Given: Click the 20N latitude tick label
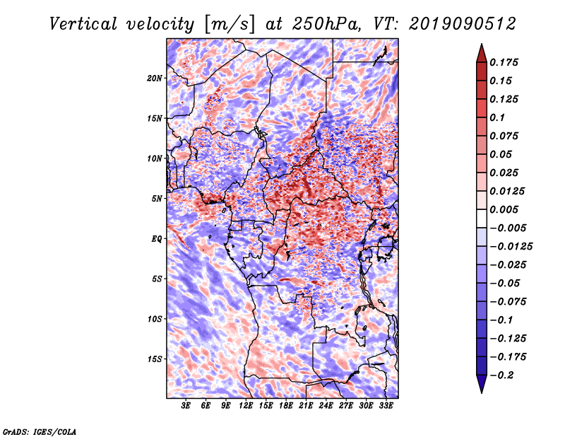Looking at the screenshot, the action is pyautogui.click(x=155, y=78).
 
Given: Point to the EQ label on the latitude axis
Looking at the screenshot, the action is pyautogui.click(x=156, y=239).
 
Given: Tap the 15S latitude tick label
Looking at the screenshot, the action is pyautogui.click(x=155, y=359).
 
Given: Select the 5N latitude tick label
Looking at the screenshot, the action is pyautogui.click(x=157, y=199).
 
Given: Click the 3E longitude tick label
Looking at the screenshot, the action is pyautogui.click(x=186, y=406).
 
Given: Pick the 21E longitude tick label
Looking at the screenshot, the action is pyautogui.click(x=306, y=406).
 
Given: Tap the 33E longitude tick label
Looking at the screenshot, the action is pyautogui.click(x=386, y=406).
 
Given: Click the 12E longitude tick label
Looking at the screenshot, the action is pyautogui.click(x=246, y=406).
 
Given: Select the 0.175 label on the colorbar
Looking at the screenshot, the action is pyautogui.click(x=504, y=62).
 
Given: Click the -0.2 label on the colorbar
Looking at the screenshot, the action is pyautogui.click(x=501, y=375).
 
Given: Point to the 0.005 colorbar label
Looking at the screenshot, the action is pyautogui.click(x=504, y=209).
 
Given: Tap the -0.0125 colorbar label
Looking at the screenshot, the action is pyautogui.click(x=511, y=247).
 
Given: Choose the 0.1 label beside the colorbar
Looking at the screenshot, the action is pyautogui.click(x=497, y=117).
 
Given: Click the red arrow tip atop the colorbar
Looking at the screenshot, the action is pyautogui.click(x=482, y=44).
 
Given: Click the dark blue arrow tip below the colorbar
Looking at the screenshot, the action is pyautogui.click(x=482, y=392).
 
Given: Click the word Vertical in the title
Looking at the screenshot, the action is pyautogui.click(x=83, y=24).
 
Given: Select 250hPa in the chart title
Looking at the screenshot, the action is pyautogui.click(x=326, y=24).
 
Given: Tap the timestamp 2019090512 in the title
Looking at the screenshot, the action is pyautogui.click(x=463, y=24).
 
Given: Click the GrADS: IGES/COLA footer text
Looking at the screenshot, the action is pyautogui.click(x=40, y=431).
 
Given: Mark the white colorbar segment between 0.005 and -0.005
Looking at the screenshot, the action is pyautogui.click(x=482, y=218).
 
